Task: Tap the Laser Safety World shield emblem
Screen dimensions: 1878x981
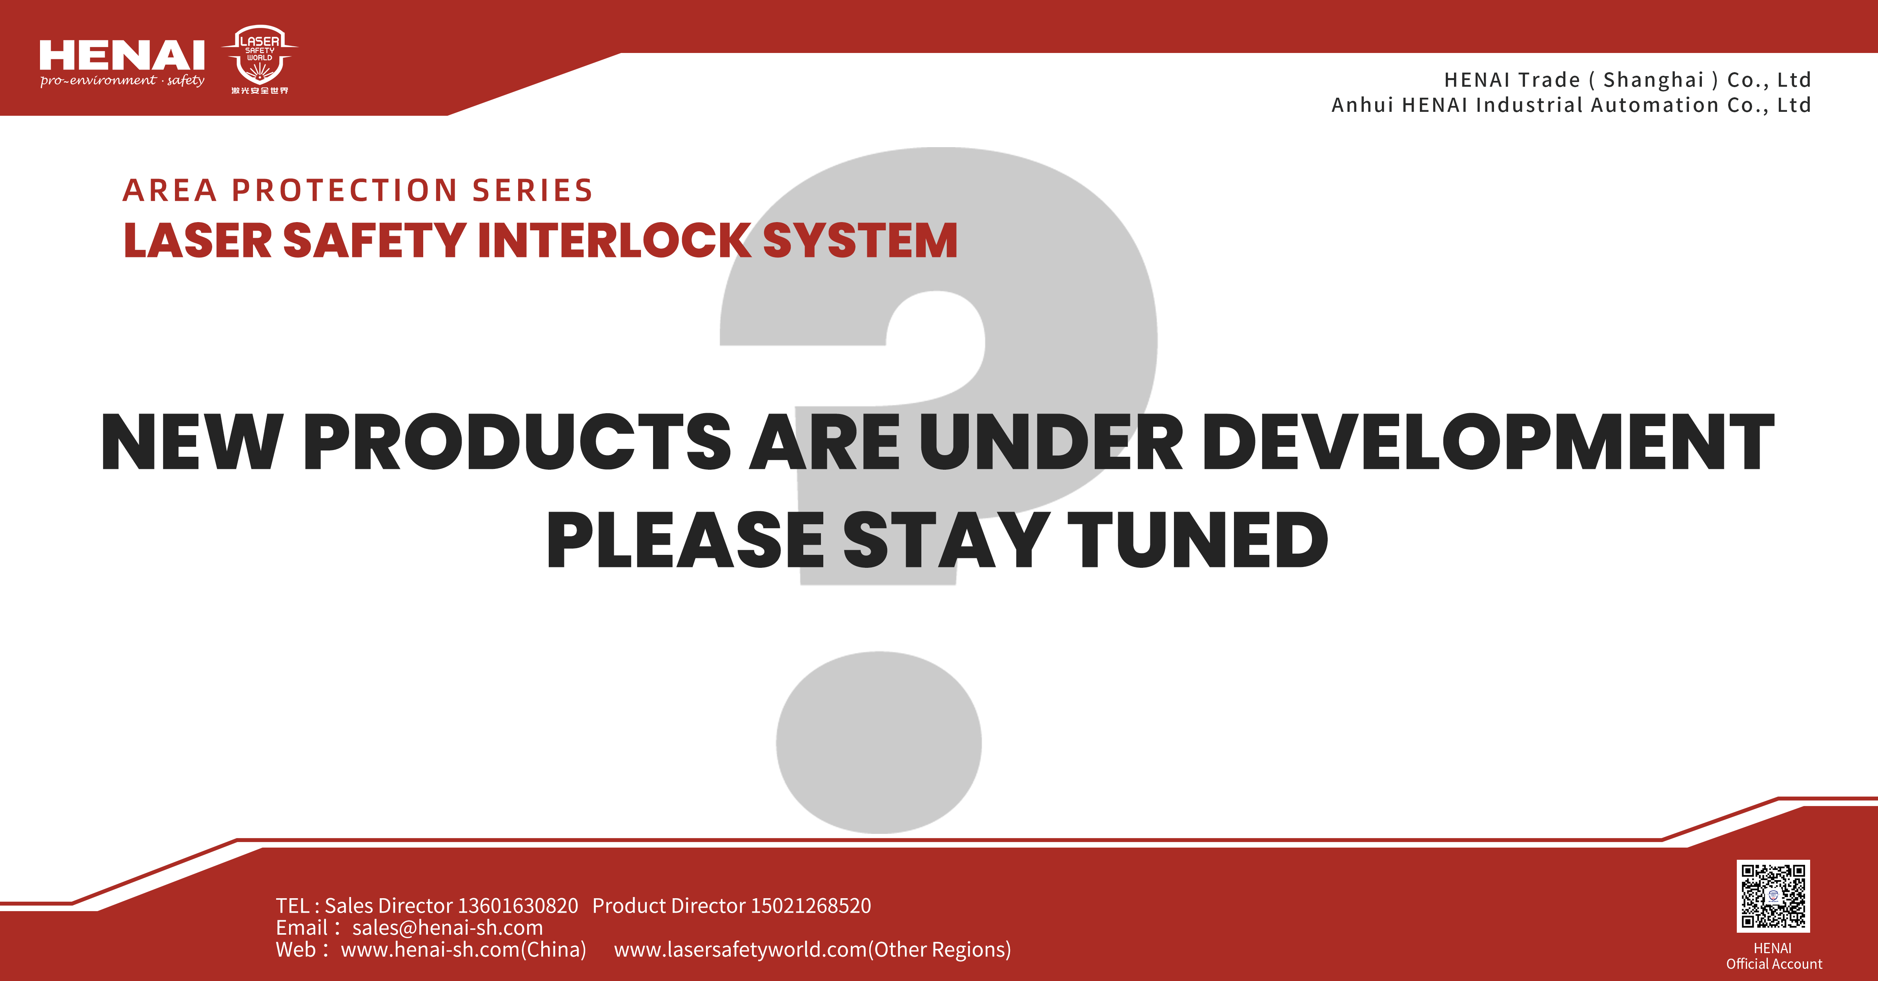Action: tap(260, 60)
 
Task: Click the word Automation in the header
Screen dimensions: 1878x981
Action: tap(1655, 105)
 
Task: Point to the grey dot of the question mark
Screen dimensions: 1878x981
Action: tap(879, 742)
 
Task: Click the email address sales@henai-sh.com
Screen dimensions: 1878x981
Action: tap(448, 928)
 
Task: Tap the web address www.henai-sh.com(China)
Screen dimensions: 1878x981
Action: tap(464, 950)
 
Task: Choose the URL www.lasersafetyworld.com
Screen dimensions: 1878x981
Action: tap(741, 950)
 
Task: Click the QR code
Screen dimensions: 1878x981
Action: tap(1773, 896)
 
